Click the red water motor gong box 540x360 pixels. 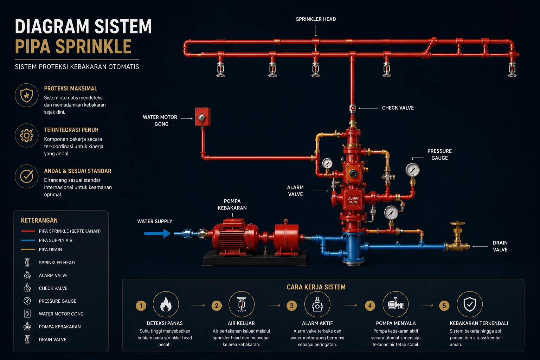[203, 117]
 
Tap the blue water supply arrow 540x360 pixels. [157, 233]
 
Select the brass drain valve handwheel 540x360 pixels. [457, 224]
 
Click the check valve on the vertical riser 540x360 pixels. [353, 108]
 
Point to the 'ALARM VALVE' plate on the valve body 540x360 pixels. [353, 200]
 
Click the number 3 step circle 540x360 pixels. [292, 306]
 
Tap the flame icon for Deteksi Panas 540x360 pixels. [166, 304]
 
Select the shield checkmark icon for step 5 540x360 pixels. [470, 304]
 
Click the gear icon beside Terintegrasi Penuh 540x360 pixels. [26, 135]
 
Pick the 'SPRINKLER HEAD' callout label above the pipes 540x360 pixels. [316, 19]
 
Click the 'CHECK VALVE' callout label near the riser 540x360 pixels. [398, 108]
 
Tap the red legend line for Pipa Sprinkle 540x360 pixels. [28, 231]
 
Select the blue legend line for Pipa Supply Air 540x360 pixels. [28, 240]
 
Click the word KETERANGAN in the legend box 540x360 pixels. [39, 220]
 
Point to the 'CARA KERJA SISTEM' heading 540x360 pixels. [316, 287]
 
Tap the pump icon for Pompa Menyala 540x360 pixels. [396, 304]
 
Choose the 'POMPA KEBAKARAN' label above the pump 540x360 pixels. [232, 205]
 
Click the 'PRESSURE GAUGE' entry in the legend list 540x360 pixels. [57, 301]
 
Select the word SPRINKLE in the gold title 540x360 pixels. [94, 46]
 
